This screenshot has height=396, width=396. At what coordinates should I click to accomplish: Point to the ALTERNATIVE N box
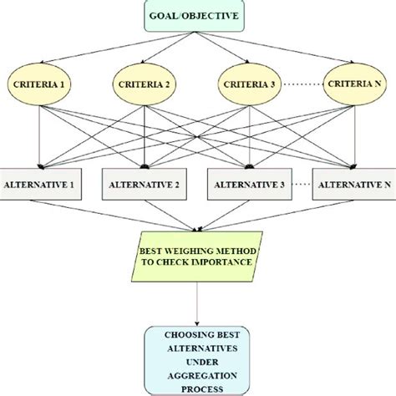(x=353, y=183)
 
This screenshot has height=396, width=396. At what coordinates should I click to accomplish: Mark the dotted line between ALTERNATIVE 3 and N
(x=302, y=183)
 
